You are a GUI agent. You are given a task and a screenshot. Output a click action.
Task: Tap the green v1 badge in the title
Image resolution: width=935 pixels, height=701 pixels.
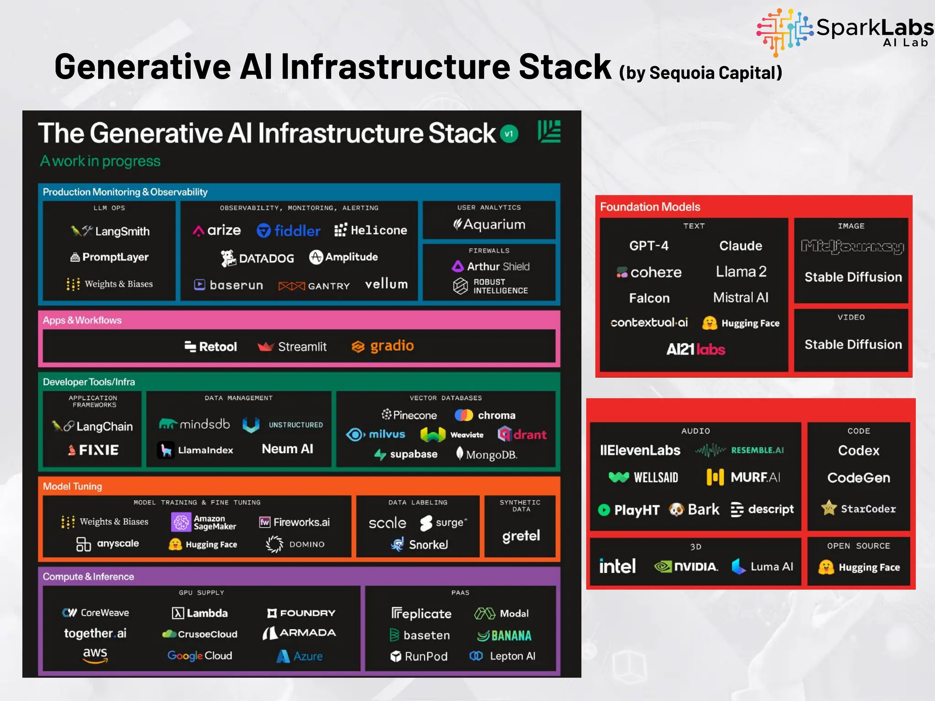[x=509, y=134]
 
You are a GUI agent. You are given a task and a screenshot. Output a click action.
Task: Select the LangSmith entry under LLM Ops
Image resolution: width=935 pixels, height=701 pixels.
[x=110, y=231]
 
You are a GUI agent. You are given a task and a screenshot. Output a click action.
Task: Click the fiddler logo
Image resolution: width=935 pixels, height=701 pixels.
[x=289, y=230]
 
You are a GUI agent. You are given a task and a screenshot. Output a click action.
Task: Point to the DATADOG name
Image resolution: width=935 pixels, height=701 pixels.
[x=257, y=258]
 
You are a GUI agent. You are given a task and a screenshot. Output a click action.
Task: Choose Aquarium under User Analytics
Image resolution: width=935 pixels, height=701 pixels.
[x=489, y=224]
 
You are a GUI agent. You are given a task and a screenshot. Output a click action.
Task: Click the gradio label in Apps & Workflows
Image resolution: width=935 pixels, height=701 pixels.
[x=383, y=346]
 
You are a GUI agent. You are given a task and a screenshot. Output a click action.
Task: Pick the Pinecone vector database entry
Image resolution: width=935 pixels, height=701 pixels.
[x=409, y=415]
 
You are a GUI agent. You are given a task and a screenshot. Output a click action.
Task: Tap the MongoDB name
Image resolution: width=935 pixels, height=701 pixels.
[x=487, y=454]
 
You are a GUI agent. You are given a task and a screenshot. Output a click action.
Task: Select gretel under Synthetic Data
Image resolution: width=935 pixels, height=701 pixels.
[x=520, y=535]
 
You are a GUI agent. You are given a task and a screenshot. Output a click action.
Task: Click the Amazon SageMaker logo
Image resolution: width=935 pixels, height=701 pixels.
[x=204, y=522]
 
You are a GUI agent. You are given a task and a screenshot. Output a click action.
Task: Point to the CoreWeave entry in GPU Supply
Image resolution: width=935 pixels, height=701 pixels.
[x=96, y=612]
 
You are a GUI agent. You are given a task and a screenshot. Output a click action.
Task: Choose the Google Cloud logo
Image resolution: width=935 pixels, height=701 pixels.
[x=200, y=655]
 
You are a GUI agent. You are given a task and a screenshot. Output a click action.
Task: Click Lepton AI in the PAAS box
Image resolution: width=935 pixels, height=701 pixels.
[x=502, y=656]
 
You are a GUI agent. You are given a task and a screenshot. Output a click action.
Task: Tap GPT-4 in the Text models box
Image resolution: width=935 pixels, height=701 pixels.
[x=648, y=246]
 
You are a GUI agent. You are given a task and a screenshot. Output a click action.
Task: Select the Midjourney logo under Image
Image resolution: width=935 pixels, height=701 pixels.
[x=852, y=247]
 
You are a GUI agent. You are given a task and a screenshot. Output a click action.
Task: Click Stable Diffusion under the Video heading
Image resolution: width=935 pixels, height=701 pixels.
[x=853, y=345]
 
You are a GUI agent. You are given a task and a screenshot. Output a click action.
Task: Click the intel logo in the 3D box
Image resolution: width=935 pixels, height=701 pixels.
[x=617, y=566]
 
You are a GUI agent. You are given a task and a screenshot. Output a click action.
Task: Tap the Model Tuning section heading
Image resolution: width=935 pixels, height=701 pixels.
[x=73, y=486]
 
